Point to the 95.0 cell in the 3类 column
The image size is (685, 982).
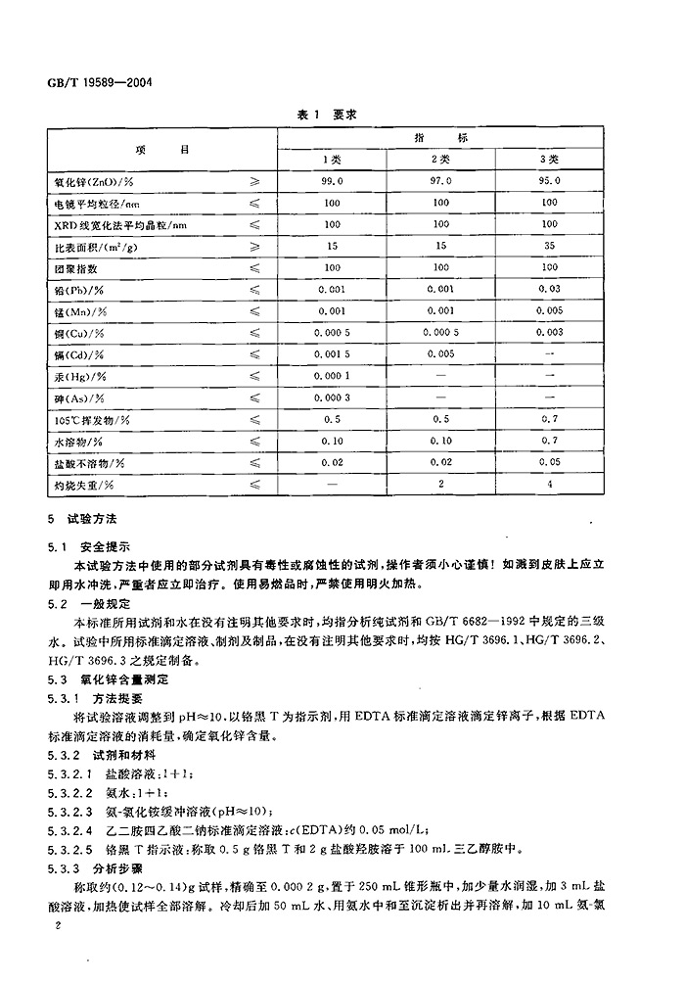click(550, 181)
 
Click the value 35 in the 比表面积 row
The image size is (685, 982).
click(550, 246)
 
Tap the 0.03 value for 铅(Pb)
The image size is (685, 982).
click(550, 290)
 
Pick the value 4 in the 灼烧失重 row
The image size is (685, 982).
click(550, 484)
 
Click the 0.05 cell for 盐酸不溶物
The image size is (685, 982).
click(550, 462)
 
